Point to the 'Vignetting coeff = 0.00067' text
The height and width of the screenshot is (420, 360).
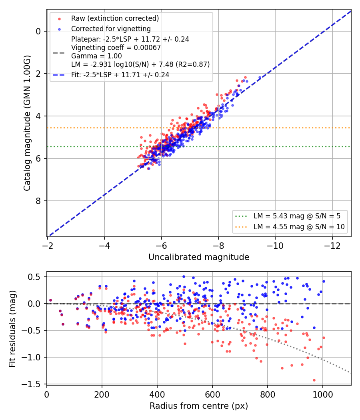coord(116,48)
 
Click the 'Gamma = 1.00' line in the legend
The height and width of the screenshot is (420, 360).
coord(96,56)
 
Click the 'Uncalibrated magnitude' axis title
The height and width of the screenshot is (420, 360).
coord(199,257)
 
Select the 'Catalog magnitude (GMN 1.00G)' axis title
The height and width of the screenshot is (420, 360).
coord(27,123)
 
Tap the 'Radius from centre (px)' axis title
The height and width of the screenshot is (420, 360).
coord(199,406)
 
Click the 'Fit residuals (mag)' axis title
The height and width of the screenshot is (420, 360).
coord(12,329)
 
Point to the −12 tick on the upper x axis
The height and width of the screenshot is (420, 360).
coord(332,246)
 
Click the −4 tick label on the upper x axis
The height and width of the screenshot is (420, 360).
coord(104,246)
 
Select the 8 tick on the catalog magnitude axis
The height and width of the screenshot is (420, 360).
coord(38,201)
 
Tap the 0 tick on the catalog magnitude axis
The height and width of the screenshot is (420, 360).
coord(38,31)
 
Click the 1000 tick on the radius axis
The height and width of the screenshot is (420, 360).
coord(323,394)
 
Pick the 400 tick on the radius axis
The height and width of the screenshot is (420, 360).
coord(157,394)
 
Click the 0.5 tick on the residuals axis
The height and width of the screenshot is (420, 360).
coord(34,277)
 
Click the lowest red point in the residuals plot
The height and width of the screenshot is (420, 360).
coord(314,380)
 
